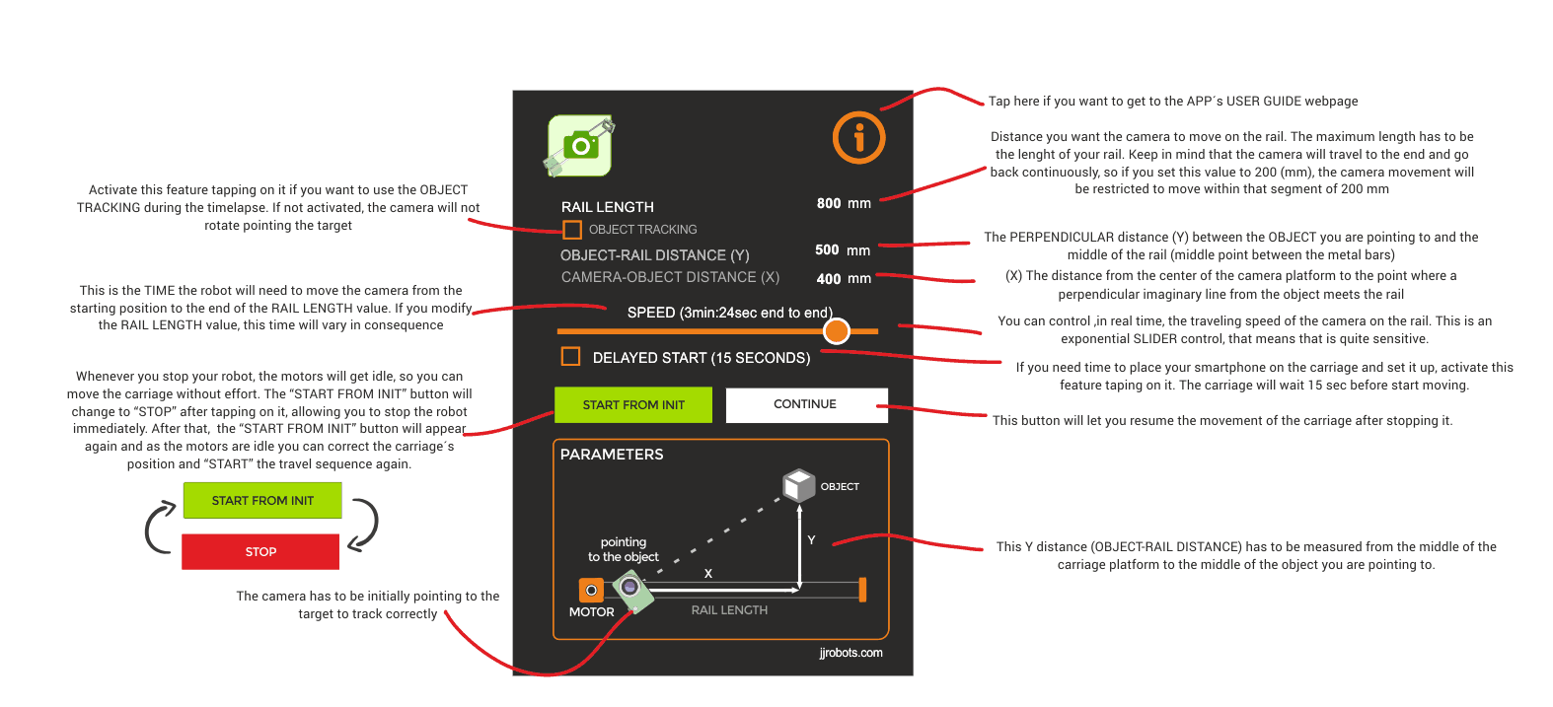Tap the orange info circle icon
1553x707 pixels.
[858, 137]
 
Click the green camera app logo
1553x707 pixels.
[580, 146]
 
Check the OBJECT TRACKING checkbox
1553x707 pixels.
[571, 230]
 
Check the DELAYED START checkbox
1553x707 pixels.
[570, 356]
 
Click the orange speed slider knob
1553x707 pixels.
[836, 331]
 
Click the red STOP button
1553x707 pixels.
[260, 551]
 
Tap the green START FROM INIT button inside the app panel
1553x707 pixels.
[632, 404]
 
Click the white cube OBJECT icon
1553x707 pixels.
[798, 484]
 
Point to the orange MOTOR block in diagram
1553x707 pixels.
[591, 591]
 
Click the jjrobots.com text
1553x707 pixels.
[850, 653]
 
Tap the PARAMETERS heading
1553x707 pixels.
[612, 455]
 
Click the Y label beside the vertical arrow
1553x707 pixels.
[811, 539]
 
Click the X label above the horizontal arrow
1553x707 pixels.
[708, 573]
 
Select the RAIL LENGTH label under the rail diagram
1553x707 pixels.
[729, 610]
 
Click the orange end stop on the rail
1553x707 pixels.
[862, 590]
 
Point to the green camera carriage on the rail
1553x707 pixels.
[632, 590]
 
